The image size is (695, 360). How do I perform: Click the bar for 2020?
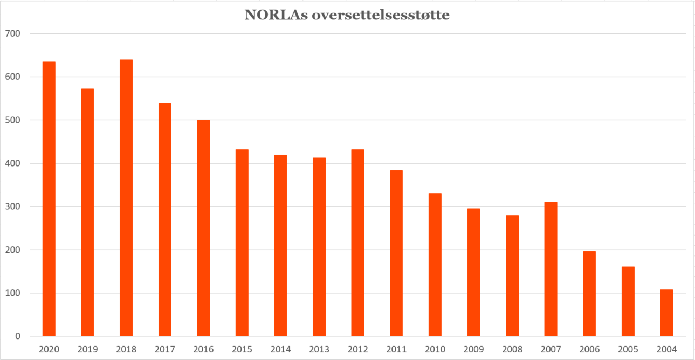(x=49, y=199)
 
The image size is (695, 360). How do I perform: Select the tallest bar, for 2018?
(x=126, y=198)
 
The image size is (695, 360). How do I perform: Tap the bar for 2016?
(x=203, y=228)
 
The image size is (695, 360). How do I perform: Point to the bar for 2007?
(x=551, y=269)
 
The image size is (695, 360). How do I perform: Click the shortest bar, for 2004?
(x=666, y=313)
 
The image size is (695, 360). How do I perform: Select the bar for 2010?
(x=435, y=265)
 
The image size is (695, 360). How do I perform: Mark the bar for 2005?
(x=628, y=301)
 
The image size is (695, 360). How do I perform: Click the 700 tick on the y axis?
(x=13, y=33)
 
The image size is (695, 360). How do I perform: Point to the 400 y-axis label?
(x=13, y=163)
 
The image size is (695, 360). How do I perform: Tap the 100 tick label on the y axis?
(x=13, y=293)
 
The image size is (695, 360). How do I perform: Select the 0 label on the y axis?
(x=18, y=336)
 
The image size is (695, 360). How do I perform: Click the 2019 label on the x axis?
(x=87, y=349)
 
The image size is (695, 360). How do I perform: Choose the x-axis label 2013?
(x=319, y=349)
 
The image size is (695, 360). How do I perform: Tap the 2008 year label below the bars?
(x=512, y=349)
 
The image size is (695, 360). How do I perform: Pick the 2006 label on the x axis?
(x=589, y=349)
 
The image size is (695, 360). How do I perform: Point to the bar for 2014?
(x=280, y=245)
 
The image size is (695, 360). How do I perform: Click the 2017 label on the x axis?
(x=164, y=349)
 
